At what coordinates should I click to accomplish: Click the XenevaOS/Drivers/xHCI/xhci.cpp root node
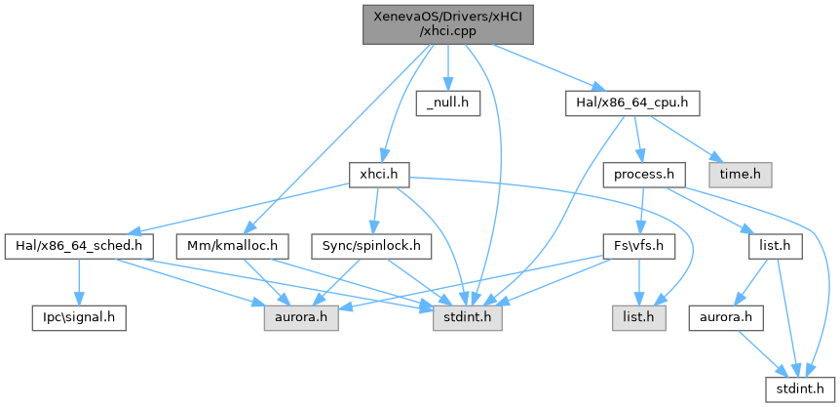[x=447, y=21]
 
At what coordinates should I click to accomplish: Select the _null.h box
[x=447, y=102]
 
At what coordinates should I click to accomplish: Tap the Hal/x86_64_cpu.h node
[x=632, y=102]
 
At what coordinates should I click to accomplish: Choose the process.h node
[x=639, y=175]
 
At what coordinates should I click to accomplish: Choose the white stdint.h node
[x=798, y=389]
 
